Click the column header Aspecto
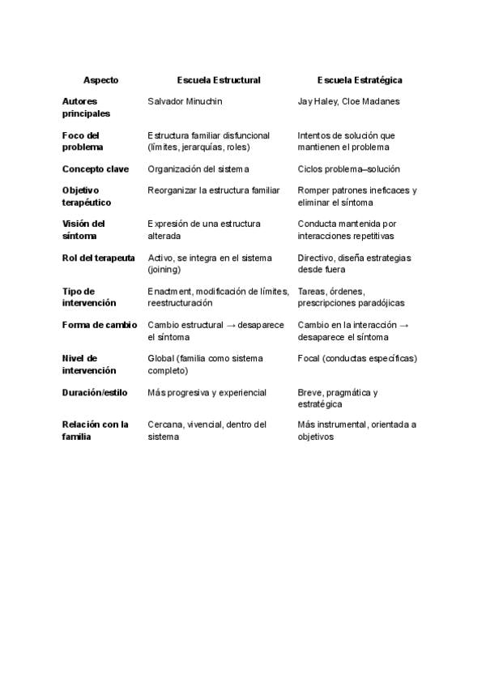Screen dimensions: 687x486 (x=100, y=80)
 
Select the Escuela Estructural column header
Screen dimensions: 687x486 (x=219, y=80)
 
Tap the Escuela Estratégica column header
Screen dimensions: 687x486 (x=360, y=80)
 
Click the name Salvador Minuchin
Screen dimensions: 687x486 (x=185, y=101)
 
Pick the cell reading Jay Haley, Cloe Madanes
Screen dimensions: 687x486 (x=348, y=101)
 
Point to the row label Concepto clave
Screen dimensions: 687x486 (x=95, y=169)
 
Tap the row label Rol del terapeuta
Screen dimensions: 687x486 (x=98, y=258)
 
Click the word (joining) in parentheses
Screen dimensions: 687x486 (x=164, y=269)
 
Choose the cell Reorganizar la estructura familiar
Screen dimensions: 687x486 (x=213, y=190)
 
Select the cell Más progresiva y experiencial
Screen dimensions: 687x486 (x=207, y=392)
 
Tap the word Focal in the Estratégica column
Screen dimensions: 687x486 (x=310, y=358)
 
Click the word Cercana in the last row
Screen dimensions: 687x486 (x=165, y=425)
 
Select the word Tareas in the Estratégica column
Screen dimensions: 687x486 (x=313, y=291)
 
